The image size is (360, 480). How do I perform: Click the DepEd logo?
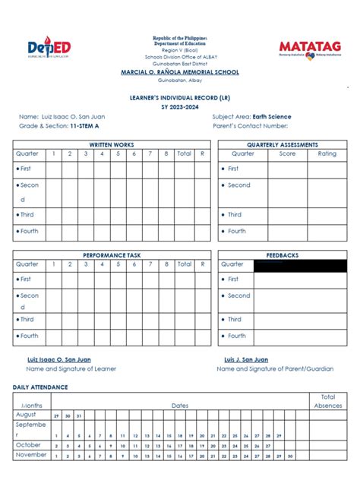(x=49, y=48)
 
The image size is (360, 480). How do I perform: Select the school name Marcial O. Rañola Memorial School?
(x=180, y=72)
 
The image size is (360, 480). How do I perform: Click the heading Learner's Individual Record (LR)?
(x=180, y=99)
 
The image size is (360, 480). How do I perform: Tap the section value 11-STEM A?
(x=87, y=126)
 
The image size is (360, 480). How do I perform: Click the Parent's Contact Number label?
(x=251, y=126)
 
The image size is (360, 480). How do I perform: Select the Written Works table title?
(x=112, y=144)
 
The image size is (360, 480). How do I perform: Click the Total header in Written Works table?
(x=184, y=153)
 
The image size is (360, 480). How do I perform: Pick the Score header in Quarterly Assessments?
(x=287, y=153)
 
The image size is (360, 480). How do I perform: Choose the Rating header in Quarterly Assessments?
(x=327, y=153)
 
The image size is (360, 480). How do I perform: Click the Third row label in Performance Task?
(x=28, y=320)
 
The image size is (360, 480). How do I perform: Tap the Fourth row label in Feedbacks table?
(x=236, y=336)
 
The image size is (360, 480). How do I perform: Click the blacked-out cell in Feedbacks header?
(x=300, y=265)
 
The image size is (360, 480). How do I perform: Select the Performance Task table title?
(x=112, y=255)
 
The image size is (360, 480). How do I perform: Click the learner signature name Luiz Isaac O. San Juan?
(x=61, y=359)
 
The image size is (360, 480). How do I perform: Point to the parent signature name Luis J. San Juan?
(x=245, y=359)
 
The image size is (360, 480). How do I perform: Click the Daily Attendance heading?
(x=40, y=387)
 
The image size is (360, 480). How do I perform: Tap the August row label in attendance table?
(x=26, y=415)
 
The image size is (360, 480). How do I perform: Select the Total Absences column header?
(x=328, y=401)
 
